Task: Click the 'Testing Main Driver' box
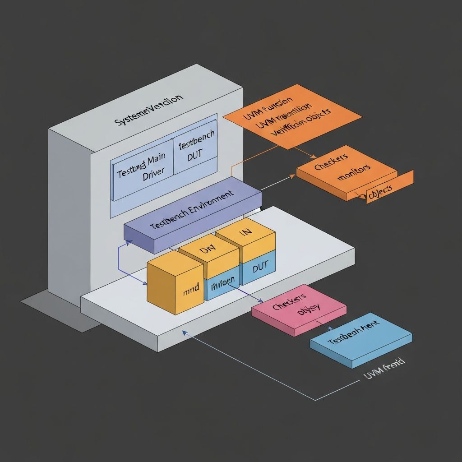[x=141, y=169]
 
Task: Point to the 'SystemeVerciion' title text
[x=149, y=110]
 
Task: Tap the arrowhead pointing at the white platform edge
[x=184, y=332]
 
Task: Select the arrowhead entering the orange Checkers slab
[x=293, y=176]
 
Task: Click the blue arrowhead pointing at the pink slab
[x=262, y=301]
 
